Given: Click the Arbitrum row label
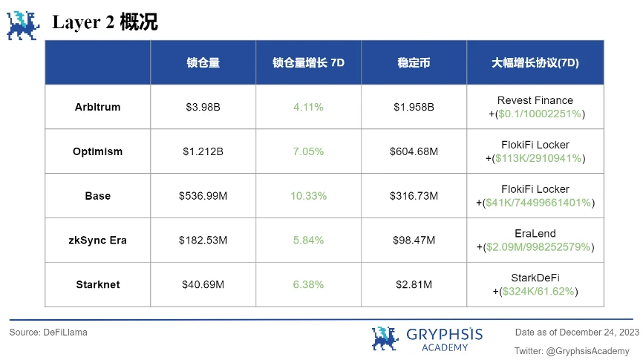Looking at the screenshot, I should [97, 107].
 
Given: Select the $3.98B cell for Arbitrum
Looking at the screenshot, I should [203, 107].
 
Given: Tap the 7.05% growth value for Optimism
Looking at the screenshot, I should [308, 151].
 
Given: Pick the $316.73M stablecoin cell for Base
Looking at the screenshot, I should [414, 196].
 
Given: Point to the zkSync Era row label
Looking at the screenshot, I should [97, 240].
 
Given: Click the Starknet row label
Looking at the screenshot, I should [97, 284].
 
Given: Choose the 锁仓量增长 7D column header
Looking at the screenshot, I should [308, 63].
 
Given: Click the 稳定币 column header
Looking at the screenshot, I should [414, 63].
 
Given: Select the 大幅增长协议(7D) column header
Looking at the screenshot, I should [535, 63].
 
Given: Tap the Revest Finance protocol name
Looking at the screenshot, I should [535, 100].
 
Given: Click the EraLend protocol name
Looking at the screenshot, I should [535, 234].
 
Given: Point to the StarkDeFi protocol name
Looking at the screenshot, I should [535, 278].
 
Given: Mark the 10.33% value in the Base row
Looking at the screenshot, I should [308, 196].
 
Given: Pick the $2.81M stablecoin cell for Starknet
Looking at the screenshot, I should [414, 284].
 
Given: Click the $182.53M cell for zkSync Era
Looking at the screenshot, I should [203, 240].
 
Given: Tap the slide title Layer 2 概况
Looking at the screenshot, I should [105, 23].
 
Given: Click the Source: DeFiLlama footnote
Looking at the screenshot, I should [48, 333].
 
